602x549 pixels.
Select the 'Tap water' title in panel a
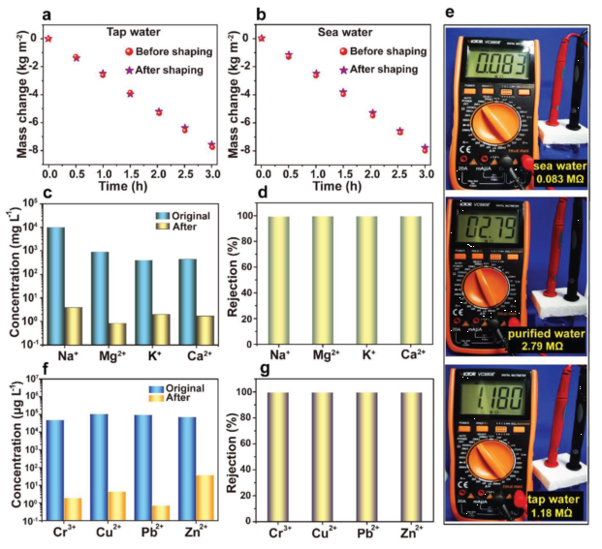coord(133,31)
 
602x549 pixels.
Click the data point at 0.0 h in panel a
coord(48,38)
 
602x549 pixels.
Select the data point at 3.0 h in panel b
coord(425,148)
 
